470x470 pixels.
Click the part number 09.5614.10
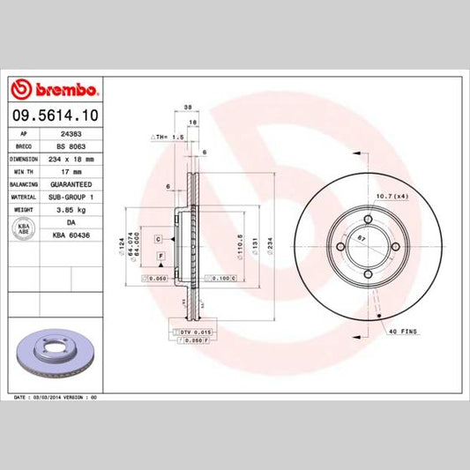[x=54, y=115]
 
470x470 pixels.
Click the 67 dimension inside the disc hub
[x=362, y=238]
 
